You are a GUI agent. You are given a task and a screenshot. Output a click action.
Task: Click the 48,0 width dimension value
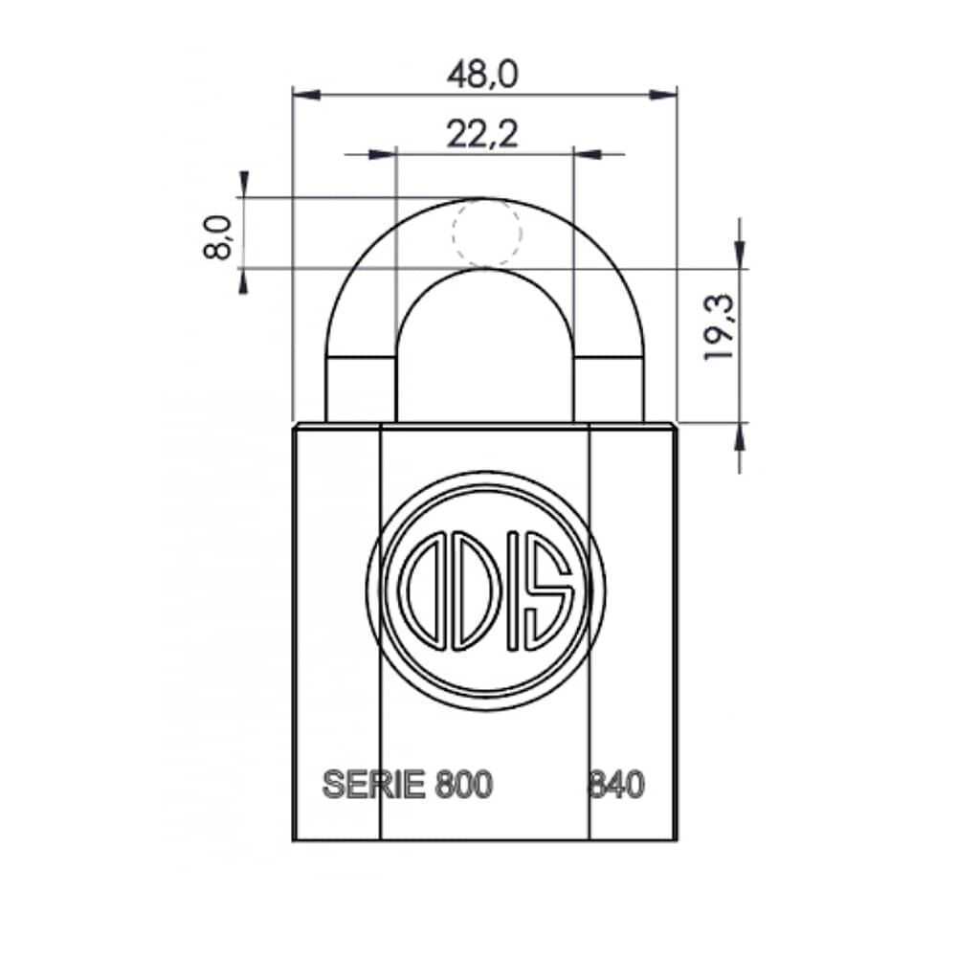482,75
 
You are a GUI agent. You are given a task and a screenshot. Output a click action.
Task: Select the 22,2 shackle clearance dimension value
482,134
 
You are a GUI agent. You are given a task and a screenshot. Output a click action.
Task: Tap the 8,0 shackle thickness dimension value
218,237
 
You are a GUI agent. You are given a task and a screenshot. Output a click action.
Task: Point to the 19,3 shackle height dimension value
719,327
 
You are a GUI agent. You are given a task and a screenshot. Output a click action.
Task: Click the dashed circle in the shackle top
487,233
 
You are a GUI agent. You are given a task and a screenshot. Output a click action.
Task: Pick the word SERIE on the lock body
373,785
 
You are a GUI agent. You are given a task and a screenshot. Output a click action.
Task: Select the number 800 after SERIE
464,785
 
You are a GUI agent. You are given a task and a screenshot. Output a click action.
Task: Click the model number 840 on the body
616,785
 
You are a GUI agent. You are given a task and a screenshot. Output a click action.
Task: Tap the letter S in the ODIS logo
549,590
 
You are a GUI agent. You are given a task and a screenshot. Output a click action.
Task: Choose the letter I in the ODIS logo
514,590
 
